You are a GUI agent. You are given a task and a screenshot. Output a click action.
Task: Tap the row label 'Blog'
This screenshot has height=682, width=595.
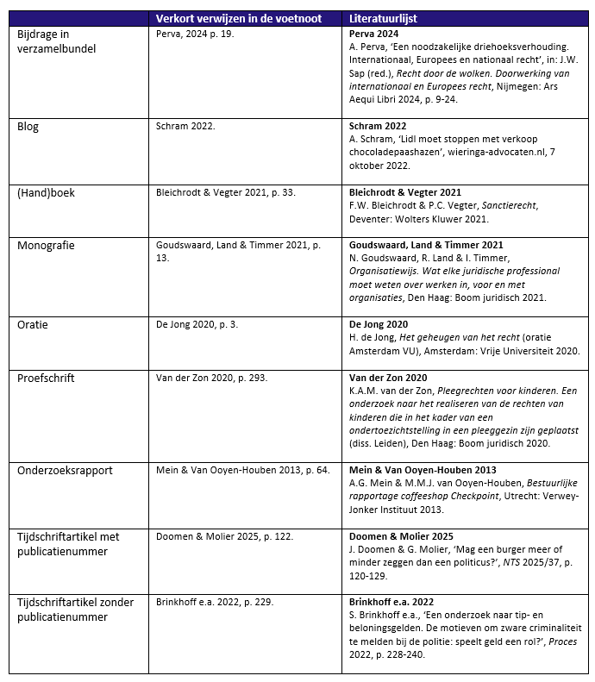[28, 126]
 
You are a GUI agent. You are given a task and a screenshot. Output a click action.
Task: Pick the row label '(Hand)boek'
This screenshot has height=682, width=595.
[46, 192]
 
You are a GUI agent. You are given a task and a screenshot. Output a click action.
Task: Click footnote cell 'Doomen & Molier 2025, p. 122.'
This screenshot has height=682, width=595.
[224, 536]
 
